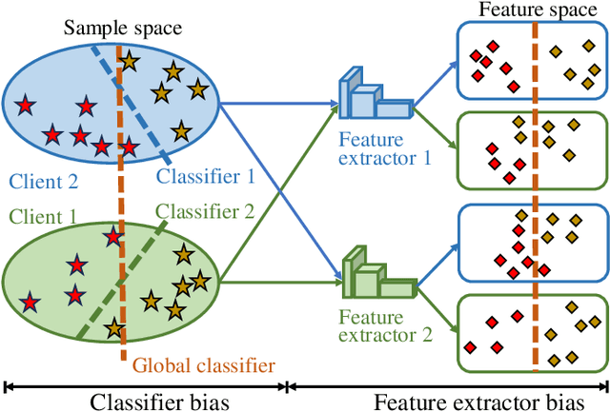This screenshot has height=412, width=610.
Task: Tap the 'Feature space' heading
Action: pyautogui.click(x=533, y=10)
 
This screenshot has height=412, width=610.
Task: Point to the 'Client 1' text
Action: pyautogui.click(x=44, y=216)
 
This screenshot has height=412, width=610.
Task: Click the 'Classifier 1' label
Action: pyautogui.click(x=205, y=176)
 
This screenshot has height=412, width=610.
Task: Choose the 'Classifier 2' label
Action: pyautogui.click(x=205, y=211)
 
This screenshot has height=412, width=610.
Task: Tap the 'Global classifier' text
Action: pyautogui.click(x=204, y=363)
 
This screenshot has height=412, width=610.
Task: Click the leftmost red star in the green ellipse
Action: pyautogui.click(x=31, y=303)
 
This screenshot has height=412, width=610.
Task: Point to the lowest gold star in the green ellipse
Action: pyautogui.click(x=114, y=328)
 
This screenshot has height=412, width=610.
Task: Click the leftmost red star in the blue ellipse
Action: pyautogui.click(x=24, y=103)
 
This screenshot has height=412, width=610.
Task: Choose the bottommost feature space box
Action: pyautogui.click(x=532, y=332)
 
